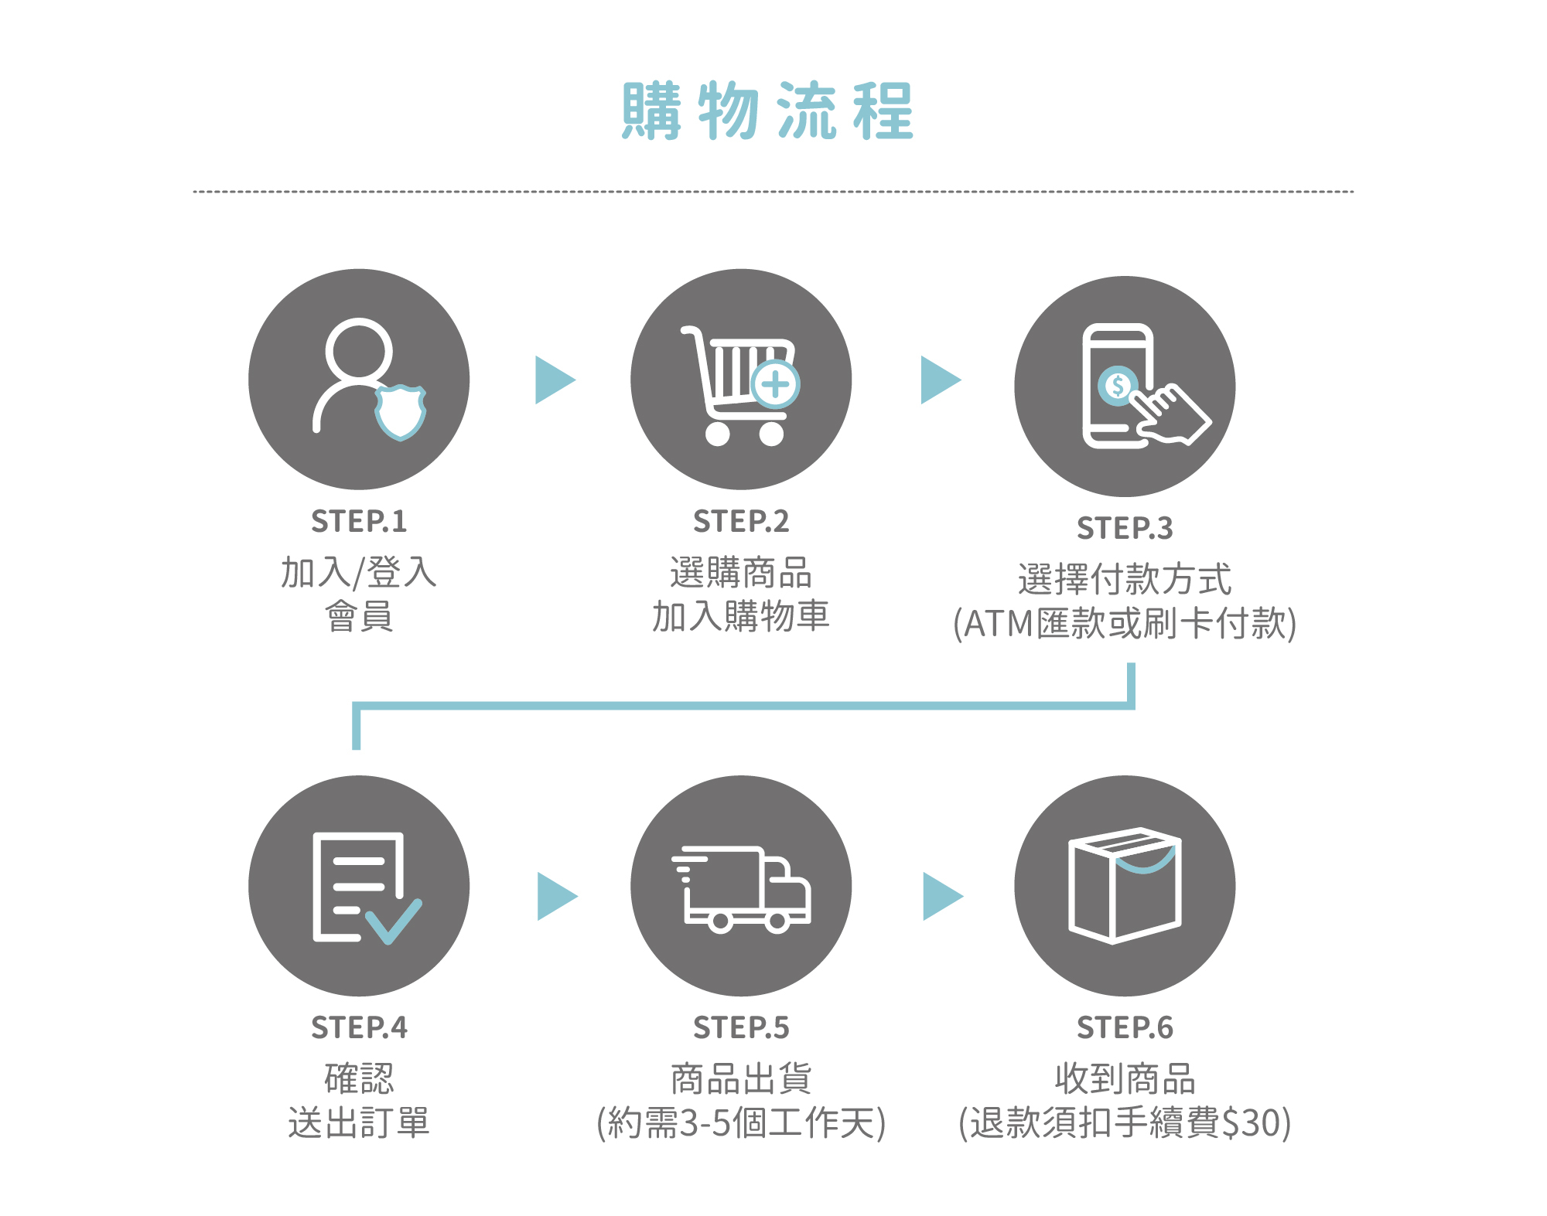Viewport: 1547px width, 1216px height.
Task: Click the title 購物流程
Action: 767,111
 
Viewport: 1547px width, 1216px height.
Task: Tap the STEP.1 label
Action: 359,522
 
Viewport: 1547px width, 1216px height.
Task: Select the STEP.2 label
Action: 741,522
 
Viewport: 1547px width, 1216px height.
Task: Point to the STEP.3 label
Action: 1125,529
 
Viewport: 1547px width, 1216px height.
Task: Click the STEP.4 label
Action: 359,1028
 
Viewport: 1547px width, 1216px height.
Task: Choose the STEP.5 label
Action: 741,1028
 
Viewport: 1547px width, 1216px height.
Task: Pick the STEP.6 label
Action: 1125,1028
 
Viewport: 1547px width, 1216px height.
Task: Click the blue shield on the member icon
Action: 400,412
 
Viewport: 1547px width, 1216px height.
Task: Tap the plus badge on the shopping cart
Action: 776,384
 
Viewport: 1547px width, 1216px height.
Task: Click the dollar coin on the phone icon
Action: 1117,384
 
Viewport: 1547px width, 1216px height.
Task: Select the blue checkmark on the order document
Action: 393,921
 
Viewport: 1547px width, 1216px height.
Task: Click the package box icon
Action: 1125,885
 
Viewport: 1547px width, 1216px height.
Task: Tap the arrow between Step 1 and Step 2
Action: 554,380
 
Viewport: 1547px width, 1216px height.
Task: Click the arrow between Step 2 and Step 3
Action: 939,380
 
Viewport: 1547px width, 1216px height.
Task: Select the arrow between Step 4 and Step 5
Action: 555,896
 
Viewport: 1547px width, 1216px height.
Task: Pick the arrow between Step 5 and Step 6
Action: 941,896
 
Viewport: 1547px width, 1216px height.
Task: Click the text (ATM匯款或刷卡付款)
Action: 1125,624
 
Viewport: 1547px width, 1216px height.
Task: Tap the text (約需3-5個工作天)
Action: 741,1123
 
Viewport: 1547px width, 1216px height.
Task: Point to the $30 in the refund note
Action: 1253,1123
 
